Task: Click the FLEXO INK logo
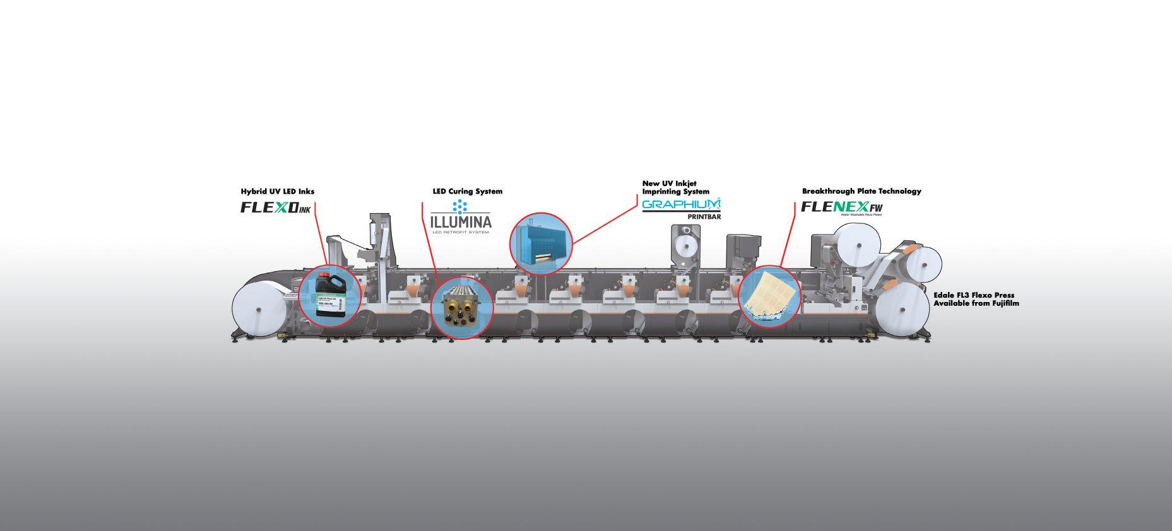276,207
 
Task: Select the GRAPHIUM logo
680,205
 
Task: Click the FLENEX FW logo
841,207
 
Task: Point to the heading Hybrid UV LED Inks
277,191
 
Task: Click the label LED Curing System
467,191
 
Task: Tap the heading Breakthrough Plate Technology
861,191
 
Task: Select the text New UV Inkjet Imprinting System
675,187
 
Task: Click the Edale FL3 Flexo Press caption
976,299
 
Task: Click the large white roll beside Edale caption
903,310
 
